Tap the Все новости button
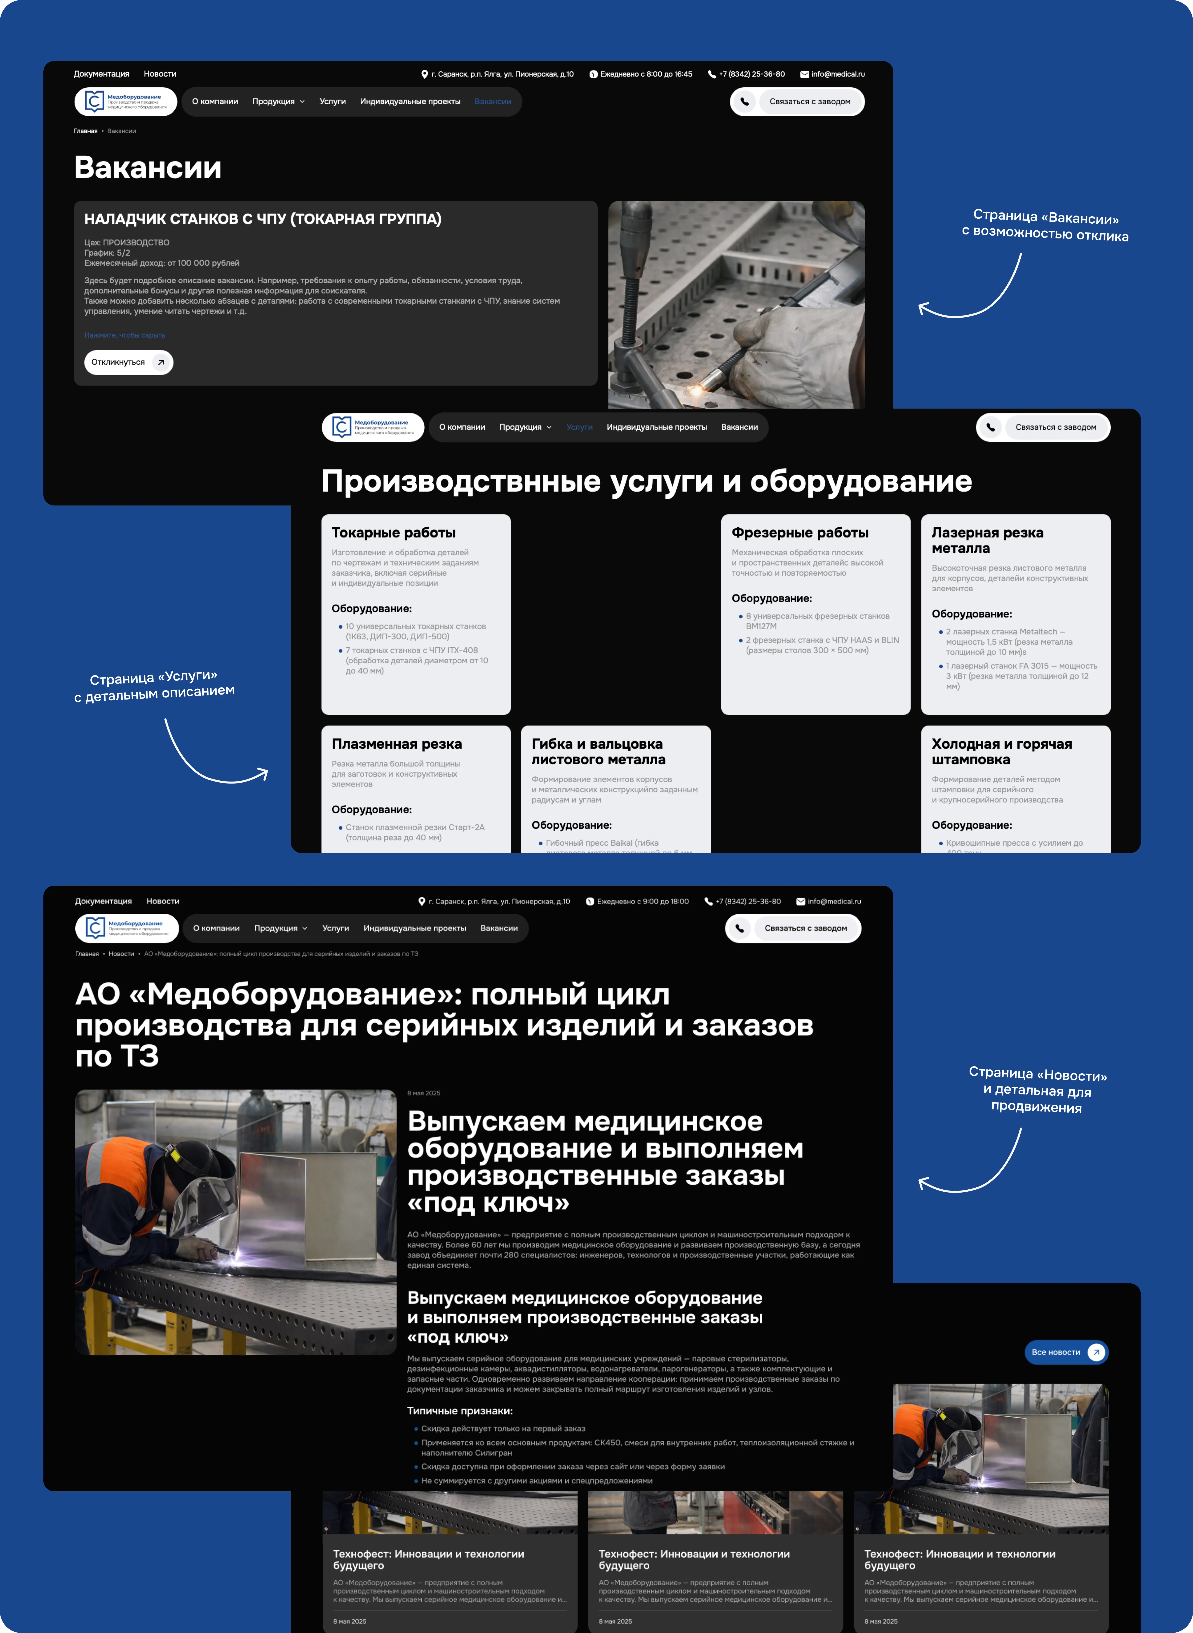(1065, 1352)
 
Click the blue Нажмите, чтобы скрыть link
(124, 335)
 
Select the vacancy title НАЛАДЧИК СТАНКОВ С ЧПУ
(263, 219)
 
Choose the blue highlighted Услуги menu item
(579, 427)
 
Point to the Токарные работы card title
(394, 533)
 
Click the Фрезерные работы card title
(799, 533)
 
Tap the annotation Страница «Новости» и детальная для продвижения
(1037, 1090)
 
